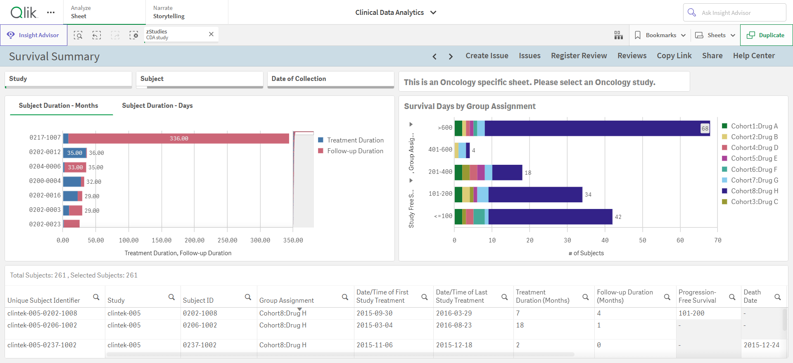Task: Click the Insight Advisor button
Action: [x=33, y=35]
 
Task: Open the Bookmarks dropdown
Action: [x=660, y=35]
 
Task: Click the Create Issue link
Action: [x=487, y=56]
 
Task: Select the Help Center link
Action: [x=754, y=56]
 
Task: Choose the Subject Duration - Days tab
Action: [x=157, y=106]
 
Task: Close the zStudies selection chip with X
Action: [x=211, y=34]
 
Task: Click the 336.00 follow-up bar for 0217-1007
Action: [x=178, y=138]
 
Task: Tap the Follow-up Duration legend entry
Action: [x=351, y=151]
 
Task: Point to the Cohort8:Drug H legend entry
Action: [x=750, y=191]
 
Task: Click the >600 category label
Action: [x=445, y=128]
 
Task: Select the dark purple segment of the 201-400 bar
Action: [x=507, y=172]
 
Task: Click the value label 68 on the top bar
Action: [x=705, y=128]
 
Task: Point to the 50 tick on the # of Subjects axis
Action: [x=643, y=240]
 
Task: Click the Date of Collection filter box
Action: [x=330, y=79]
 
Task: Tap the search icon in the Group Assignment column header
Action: [x=345, y=297]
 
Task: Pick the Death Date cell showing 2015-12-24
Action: [x=761, y=345]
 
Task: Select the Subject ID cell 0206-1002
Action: [x=200, y=325]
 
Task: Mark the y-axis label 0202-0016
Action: [x=45, y=195]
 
